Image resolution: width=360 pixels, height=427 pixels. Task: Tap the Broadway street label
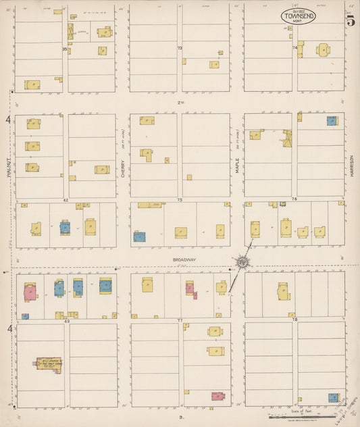(184, 259)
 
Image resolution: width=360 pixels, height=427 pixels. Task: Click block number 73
(180, 49)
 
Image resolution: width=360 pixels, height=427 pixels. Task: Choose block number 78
(294, 320)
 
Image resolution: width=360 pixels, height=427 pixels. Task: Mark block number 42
(66, 200)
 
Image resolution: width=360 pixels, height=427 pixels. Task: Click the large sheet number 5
(351, 20)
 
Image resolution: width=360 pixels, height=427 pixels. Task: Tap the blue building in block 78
(333, 397)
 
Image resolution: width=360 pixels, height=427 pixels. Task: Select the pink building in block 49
(30, 292)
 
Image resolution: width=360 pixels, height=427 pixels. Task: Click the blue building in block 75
(139, 236)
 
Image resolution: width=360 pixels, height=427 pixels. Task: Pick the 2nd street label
(180, 102)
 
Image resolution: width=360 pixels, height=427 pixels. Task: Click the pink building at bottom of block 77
(217, 397)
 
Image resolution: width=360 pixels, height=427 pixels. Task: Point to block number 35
(65, 49)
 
